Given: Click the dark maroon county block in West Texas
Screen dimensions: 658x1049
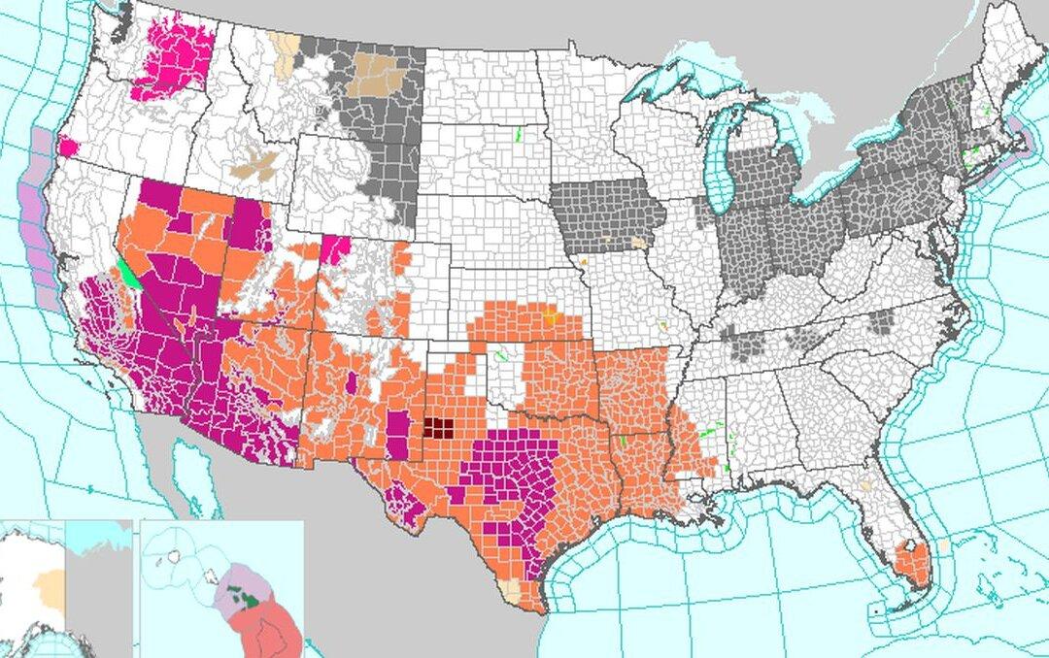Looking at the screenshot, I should pos(439,428).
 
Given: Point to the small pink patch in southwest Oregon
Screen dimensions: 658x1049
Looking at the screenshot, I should pos(68,148).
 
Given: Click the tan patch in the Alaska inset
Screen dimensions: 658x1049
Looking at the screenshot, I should pos(49,585).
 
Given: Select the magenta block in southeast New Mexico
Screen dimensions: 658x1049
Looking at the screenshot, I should pos(398,435).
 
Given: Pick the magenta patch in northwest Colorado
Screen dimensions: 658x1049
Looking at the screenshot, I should pos(335,248).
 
